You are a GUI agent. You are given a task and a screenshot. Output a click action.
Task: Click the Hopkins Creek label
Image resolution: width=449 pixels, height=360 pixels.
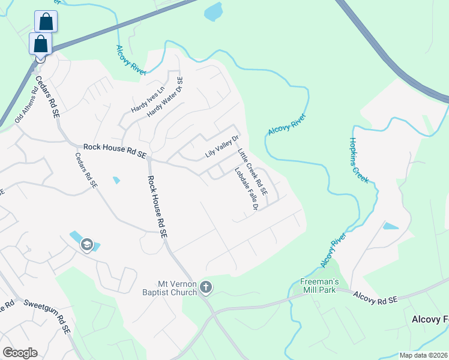point(359,160)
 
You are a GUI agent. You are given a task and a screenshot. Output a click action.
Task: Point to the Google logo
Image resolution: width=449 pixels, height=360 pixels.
point(20,353)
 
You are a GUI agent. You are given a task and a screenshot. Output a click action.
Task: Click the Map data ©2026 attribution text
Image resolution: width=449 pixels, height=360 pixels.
point(423,355)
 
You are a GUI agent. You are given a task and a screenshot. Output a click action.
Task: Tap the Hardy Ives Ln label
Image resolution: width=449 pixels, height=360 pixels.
point(147,97)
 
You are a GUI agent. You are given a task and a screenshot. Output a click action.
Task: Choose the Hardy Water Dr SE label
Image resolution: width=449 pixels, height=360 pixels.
point(165,97)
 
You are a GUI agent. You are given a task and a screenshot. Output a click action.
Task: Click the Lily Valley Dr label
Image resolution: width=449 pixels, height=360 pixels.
point(217,146)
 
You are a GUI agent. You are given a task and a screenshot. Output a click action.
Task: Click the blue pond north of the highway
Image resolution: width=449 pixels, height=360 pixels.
point(213,11)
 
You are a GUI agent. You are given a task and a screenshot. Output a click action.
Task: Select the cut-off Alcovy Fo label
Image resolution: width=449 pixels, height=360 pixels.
point(430,319)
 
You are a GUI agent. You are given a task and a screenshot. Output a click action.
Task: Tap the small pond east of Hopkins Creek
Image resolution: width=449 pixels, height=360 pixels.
point(391,226)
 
